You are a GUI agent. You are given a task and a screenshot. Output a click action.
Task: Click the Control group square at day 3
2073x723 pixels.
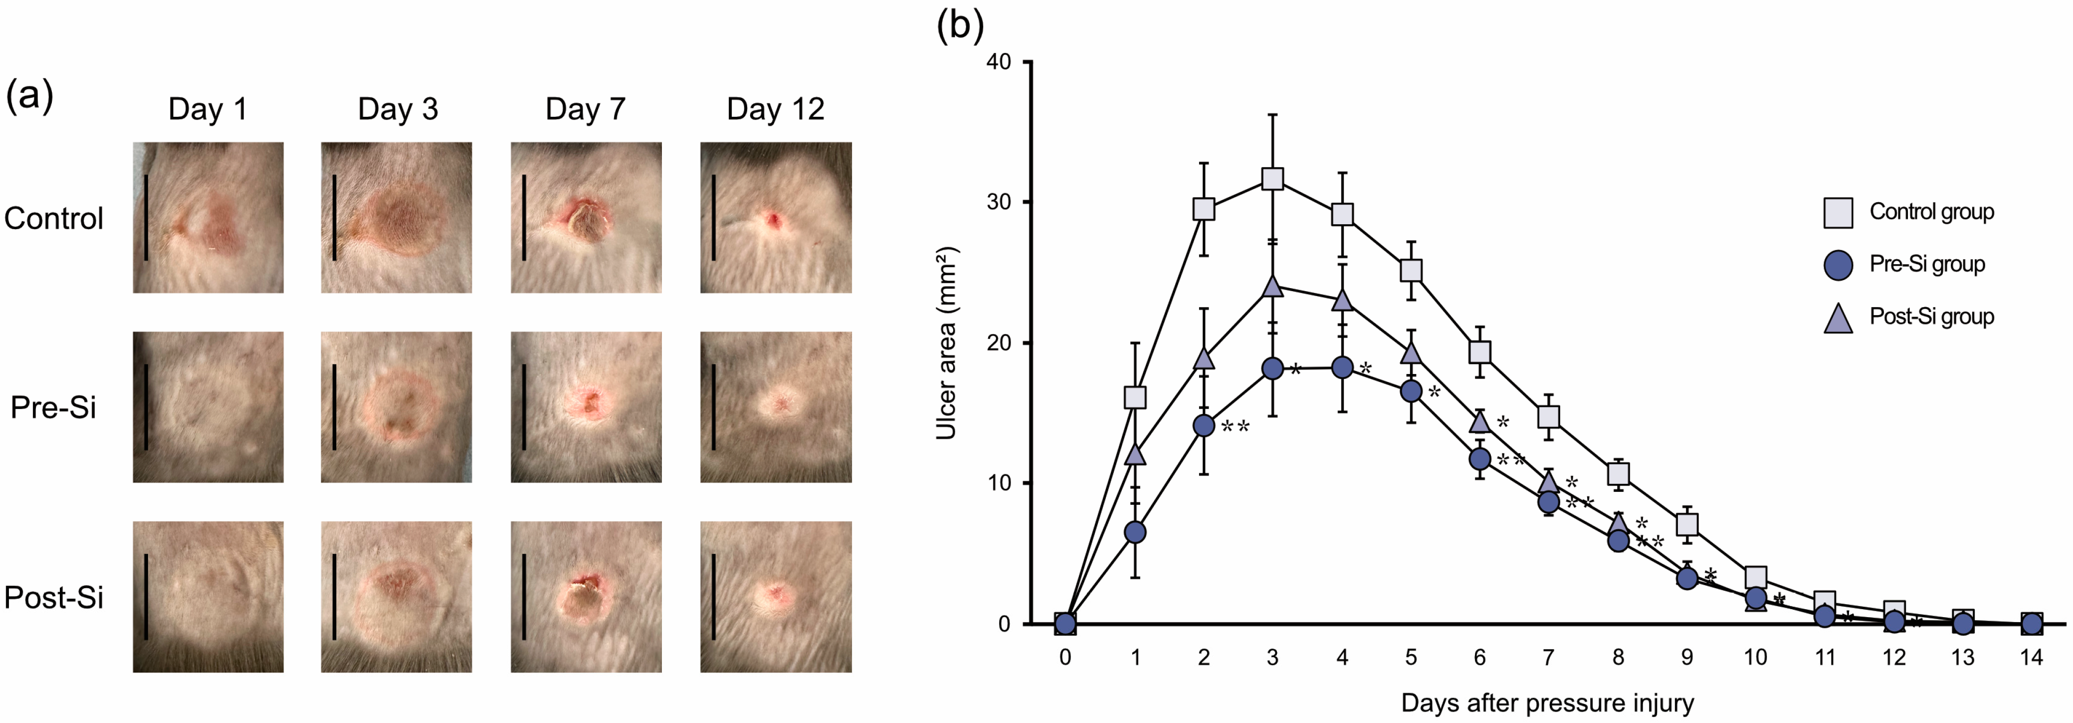click(1272, 179)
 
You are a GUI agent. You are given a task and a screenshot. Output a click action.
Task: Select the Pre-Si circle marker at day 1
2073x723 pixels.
click(1135, 532)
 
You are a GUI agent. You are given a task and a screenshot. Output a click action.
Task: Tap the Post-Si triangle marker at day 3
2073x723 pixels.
click(1272, 286)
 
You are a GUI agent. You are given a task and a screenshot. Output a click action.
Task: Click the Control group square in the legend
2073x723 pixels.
click(1838, 213)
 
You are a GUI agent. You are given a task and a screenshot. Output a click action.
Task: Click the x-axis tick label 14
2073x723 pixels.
click(2031, 658)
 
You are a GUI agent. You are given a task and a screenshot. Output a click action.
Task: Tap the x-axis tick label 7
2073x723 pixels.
click(1548, 658)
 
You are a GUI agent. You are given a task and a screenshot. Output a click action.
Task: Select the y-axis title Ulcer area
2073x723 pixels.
click(946, 342)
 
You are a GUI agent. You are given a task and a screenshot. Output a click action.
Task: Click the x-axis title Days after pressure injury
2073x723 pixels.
click(1547, 703)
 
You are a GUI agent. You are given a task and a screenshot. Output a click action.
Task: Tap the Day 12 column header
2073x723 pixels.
click(775, 109)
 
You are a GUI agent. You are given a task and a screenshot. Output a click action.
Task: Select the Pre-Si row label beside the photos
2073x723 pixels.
click(53, 407)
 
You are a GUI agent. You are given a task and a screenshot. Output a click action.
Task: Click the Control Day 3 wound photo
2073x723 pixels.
click(396, 217)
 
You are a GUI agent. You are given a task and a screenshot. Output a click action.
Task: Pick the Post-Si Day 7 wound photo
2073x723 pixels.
click(586, 597)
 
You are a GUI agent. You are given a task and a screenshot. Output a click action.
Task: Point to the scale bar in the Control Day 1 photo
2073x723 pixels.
click(146, 217)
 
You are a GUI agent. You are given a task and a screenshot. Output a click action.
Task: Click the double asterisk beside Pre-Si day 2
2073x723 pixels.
click(1235, 427)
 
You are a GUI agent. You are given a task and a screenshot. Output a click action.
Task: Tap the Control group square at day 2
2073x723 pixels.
click(1203, 209)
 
